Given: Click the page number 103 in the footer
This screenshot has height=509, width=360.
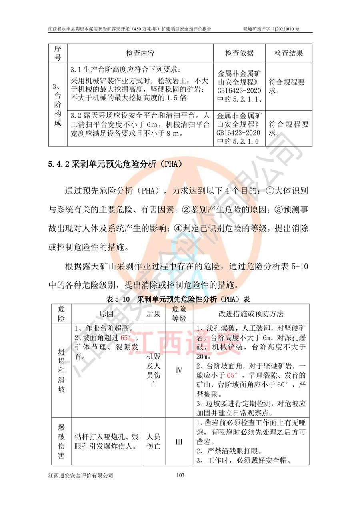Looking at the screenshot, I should pyautogui.click(x=180, y=475).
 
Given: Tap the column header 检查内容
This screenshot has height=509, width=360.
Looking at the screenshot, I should pyautogui.click(x=140, y=54).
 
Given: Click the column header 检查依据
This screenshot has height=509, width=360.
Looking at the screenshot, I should pyautogui.click(x=239, y=54).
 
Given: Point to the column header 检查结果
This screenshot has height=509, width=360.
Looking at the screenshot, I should pyautogui.click(x=288, y=54).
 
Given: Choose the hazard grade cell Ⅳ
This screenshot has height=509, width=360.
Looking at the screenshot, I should pyautogui.click(x=179, y=370).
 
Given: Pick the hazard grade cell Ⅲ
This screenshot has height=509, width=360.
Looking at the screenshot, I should pyautogui.click(x=179, y=442).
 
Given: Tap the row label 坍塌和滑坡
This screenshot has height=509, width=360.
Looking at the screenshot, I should pyautogui.click(x=61, y=370).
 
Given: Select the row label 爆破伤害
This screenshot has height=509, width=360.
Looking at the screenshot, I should pyautogui.click(x=61, y=442).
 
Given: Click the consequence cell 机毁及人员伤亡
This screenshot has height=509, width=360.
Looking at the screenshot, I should pyautogui.click(x=154, y=370).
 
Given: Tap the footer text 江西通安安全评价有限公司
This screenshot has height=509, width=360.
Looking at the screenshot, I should pyautogui.click(x=80, y=475).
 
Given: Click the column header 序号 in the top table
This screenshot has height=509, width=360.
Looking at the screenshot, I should pyautogui.click(x=58, y=54).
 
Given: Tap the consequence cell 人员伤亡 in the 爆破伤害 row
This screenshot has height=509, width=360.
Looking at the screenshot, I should pyautogui.click(x=154, y=441).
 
